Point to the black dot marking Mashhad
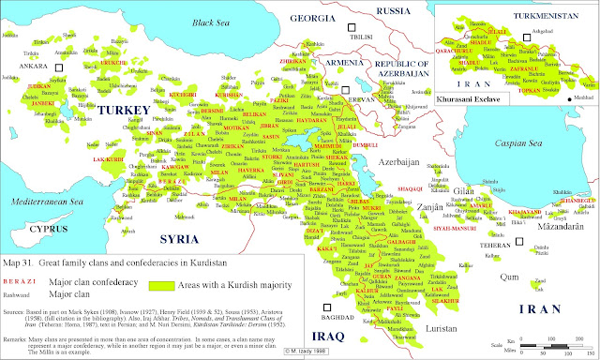point(569,97)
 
